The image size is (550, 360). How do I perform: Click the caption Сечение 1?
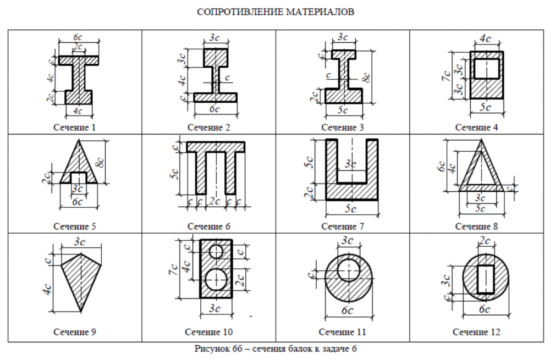coord(75,128)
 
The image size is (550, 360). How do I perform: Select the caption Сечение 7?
coord(343,226)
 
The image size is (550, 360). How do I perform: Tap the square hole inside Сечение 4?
coord(486,69)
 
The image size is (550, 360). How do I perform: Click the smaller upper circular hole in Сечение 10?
coord(216,251)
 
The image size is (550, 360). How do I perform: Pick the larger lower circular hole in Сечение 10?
coord(216,279)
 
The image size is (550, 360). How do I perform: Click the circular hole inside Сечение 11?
coord(347,270)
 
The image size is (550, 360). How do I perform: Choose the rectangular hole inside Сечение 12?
coord(485,279)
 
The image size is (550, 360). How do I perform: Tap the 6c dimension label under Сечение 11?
coord(347,311)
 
